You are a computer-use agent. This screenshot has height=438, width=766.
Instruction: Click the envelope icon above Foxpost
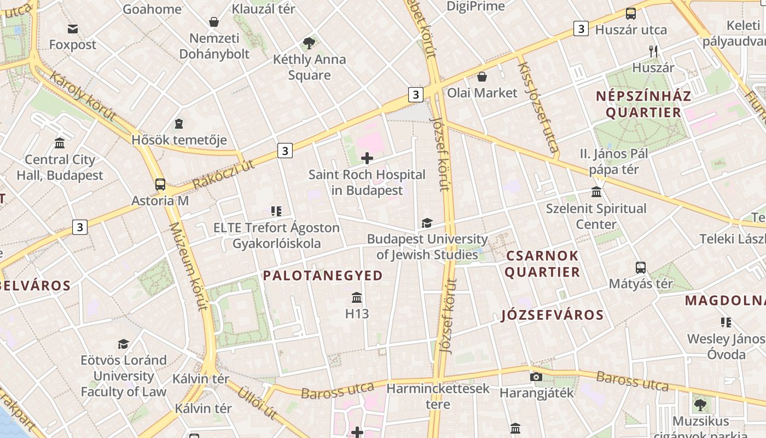tap(72, 28)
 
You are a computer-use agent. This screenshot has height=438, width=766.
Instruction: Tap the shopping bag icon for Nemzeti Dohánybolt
tap(214, 22)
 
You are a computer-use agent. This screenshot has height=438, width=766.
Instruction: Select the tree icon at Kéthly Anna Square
tap(309, 43)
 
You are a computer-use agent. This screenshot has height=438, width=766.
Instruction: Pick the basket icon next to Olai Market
tap(482, 76)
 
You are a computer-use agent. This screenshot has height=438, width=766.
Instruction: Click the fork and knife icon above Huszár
tap(653, 51)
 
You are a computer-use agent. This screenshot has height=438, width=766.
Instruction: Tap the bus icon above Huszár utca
tap(631, 14)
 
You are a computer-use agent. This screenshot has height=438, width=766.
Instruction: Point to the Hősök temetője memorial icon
tap(179, 124)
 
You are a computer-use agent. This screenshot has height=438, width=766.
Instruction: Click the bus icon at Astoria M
tap(160, 185)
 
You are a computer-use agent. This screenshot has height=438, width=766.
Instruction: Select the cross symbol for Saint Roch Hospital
tap(367, 159)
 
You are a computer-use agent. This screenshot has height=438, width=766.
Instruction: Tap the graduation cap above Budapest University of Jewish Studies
tap(427, 223)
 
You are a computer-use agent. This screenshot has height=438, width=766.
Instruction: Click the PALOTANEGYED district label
tap(323, 275)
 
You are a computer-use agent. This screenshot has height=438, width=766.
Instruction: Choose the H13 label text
tap(357, 314)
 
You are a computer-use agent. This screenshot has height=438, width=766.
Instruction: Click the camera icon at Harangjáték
tap(536, 377)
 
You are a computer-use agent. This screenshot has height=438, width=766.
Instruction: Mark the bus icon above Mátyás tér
tap(641, 268)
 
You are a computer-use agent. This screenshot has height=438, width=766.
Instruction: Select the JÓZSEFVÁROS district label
tap(552, 315)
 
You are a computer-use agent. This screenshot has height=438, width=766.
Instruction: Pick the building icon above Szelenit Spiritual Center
tap(596, 192)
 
